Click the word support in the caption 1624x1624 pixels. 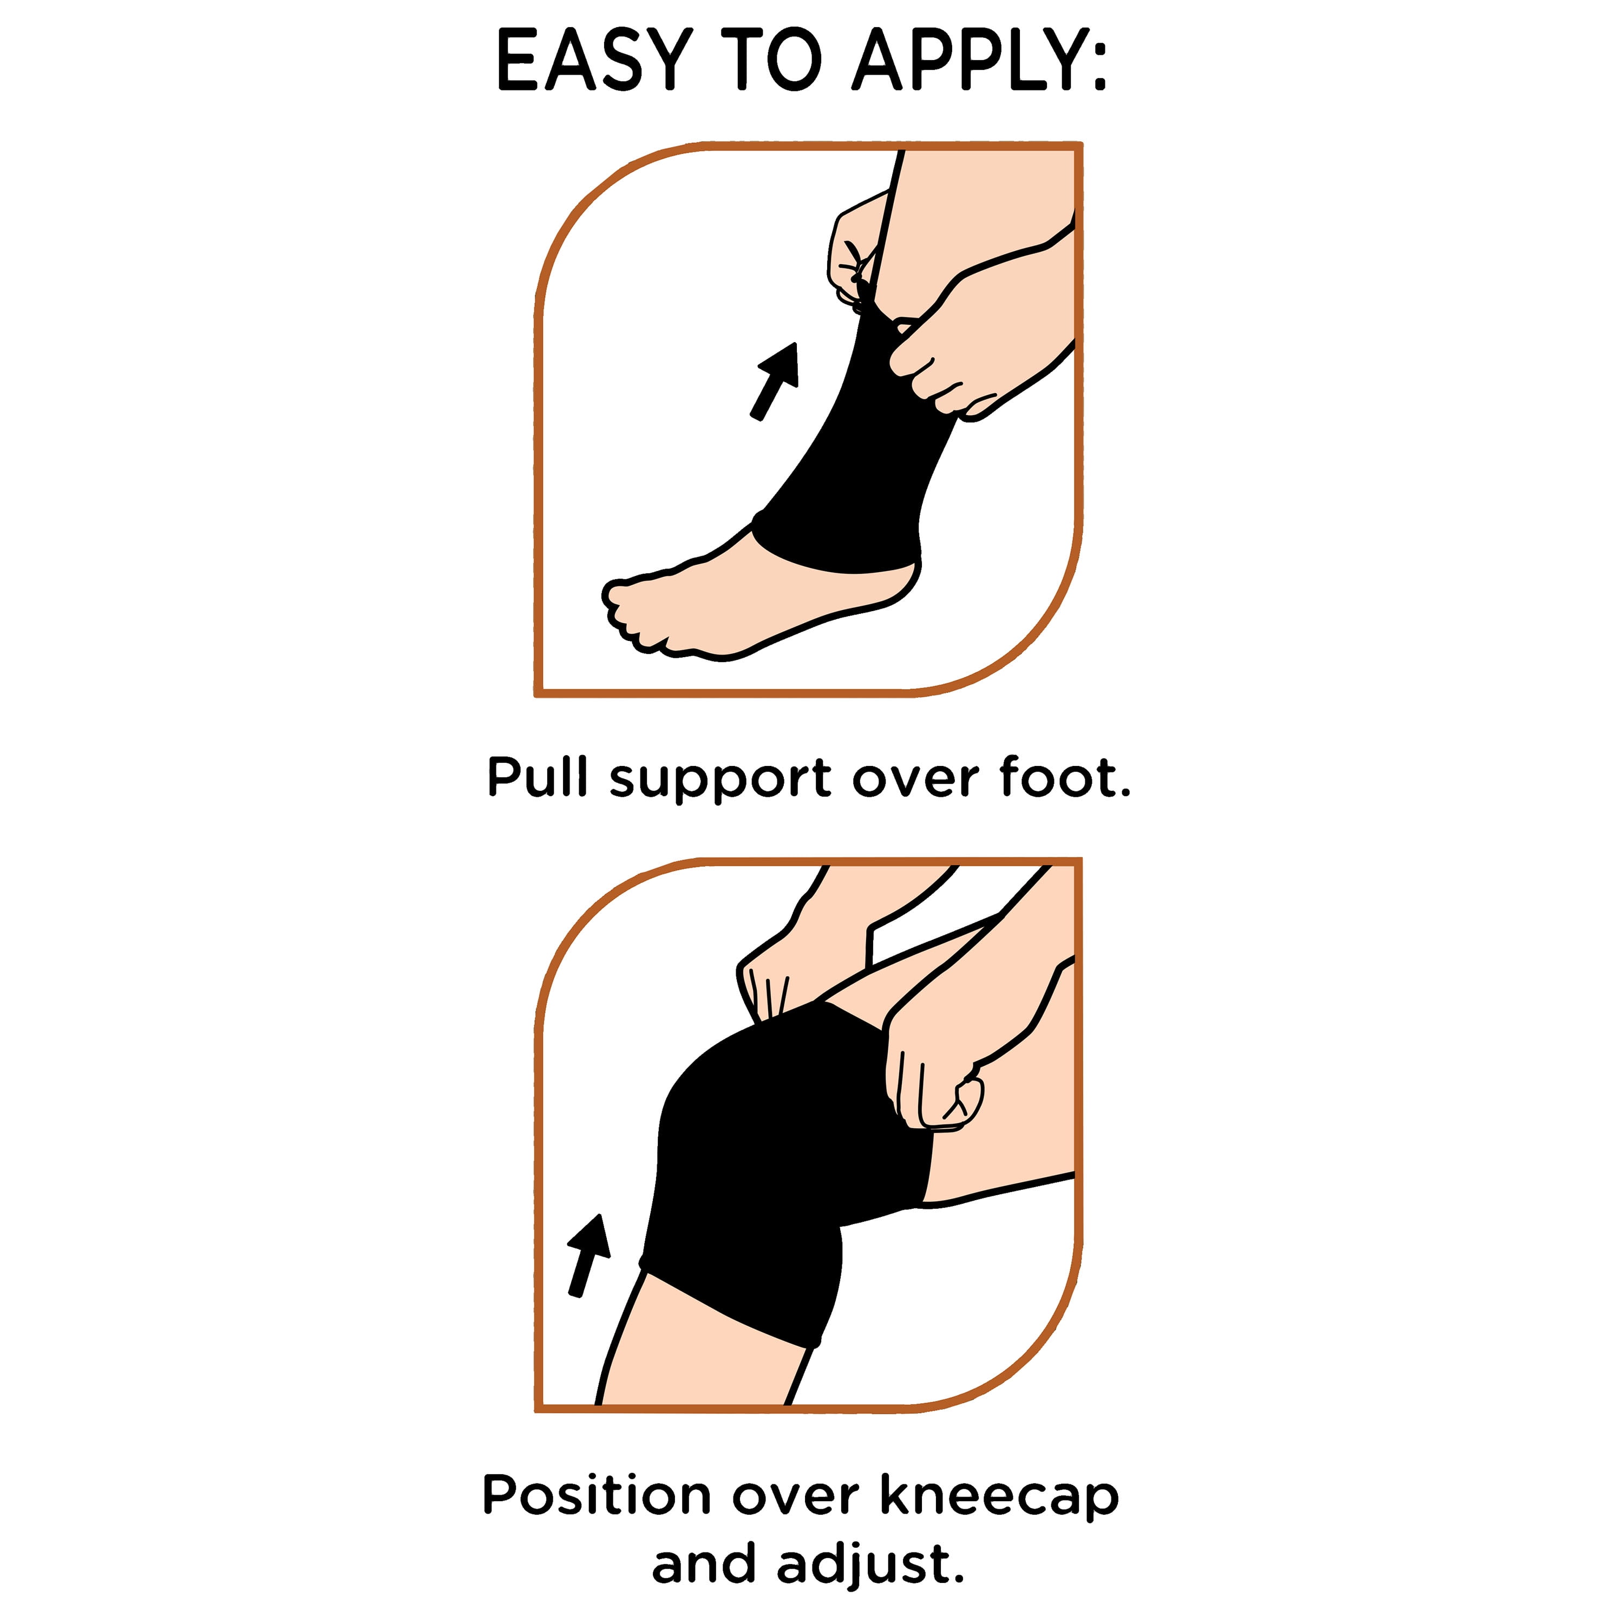pyautogui.click(x=721, y=782)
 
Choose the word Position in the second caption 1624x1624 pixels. pyautogui.click(x=596, y=1493)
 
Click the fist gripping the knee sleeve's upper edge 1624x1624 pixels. pyautogui.click(x=933, y=1068)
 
